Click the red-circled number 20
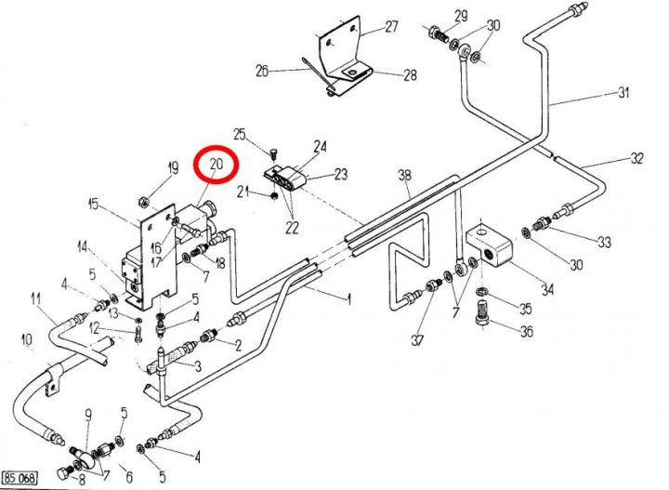pos(216,166)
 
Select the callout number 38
pos(404,175)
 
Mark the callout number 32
pos(636,158)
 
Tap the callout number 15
pos(93,204)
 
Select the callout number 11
pos(36,298)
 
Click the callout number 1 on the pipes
pos(349,299)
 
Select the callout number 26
pos(261,71)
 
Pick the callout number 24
pos(321,146)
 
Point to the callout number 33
pos(604,243)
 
